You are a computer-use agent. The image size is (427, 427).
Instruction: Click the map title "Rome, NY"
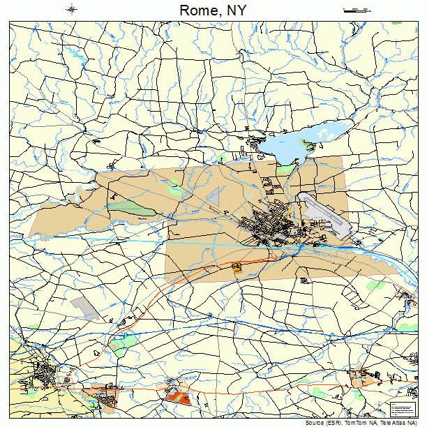(213, 10)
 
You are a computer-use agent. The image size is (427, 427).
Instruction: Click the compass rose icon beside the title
(72, 9)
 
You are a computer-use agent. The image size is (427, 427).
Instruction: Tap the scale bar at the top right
(355, 10)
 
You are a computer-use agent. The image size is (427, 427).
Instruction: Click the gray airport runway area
(322, 213)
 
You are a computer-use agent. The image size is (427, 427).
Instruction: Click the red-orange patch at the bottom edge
(179, 397)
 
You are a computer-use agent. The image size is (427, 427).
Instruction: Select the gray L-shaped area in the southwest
(84, 306)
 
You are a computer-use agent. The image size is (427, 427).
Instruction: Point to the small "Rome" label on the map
(142, 219)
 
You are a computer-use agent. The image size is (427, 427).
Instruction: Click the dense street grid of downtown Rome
(269, 227)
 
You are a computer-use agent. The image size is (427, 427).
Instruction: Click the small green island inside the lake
(322, 132)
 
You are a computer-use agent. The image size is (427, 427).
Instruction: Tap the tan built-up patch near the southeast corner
(361, 379)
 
